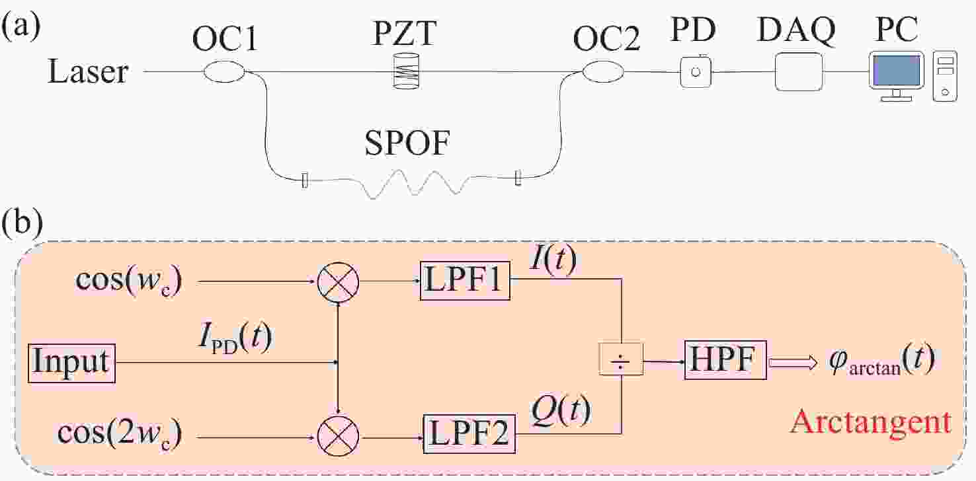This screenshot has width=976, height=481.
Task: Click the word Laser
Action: [x=88, y=71]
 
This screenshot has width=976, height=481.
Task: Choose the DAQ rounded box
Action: [x=798, y=71]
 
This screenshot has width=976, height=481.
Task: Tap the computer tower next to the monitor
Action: [x=944, y=77]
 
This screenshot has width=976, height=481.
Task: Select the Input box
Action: [x=72, y=363]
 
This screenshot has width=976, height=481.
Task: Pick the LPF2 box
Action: [x=469, y=434]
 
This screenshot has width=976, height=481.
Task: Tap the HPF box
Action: [x=725, y=361]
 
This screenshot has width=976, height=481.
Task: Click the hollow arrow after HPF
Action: [x=790, y=362]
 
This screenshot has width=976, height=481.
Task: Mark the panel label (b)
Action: [x=23, y=226]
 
